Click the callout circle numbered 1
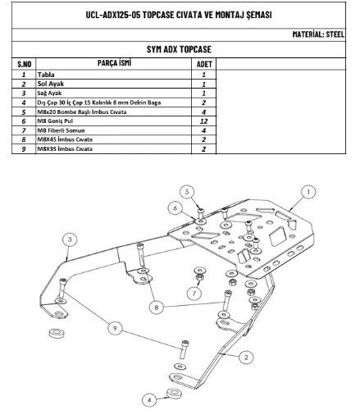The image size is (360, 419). point(308,192)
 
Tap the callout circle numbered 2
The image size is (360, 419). point(246,358)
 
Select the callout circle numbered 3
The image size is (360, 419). point(70,239)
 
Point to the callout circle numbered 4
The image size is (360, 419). point(149,400)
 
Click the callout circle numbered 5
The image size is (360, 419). point(187,192)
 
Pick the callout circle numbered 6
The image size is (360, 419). point(175,208)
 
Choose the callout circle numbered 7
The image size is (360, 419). point(194,294)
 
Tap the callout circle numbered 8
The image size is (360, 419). point(157,307)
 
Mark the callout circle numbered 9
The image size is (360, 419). point(115,328)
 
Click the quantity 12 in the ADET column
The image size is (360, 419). point(203,121)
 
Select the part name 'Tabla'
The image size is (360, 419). point(46,75)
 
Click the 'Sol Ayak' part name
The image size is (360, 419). point(51,84)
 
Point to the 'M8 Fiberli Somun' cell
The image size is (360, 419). point(61,130)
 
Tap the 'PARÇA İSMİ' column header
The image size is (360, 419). point(114,63)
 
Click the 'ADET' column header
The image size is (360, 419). point(204,64)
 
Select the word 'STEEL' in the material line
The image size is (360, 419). point(335,34)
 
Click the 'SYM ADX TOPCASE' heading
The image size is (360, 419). point(179,49)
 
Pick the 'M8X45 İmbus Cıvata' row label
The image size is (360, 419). point(65,139)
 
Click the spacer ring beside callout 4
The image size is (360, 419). point(173,394)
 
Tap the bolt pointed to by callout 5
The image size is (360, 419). point(200,213)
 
